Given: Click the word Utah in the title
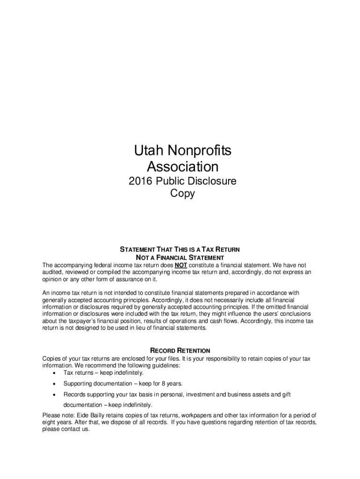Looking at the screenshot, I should pos(147,151).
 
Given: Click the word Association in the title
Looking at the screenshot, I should pos(182,167).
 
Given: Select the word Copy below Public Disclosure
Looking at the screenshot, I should pos(182,193).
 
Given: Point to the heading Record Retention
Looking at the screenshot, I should pos(180,350).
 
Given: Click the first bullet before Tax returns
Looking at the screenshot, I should pos(56,373).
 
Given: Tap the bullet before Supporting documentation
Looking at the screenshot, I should pos(56,384).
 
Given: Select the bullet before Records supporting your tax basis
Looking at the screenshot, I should pos(56,395).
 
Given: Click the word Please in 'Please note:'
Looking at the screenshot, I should pos(51,415).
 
